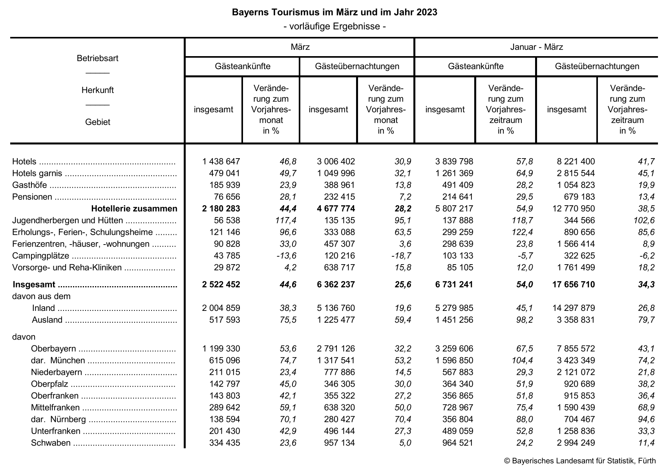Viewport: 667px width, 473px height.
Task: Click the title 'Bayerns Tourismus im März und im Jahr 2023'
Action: click(334, 12)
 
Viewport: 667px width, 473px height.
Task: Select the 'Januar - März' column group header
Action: click(536, 47)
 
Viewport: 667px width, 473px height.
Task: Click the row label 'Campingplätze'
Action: click(41, 256)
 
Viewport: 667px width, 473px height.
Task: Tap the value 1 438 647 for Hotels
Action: click(221, 161)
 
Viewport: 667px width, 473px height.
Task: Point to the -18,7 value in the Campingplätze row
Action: click(401, 256)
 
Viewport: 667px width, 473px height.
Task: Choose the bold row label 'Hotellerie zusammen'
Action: click(134, 208)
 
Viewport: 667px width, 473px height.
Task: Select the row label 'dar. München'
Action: click(58, 360)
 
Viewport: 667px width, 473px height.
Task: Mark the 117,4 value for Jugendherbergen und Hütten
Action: click(285, 220)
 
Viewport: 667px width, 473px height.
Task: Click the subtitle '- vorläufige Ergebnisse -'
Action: click(334, 26)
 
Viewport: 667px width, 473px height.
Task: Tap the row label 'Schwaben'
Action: click(51, 443)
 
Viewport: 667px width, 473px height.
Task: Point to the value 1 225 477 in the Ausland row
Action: click(335, 320)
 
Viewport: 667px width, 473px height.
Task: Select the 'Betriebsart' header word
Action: click(97, 58)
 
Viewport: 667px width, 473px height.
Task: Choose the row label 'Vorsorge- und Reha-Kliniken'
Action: click(67, 268)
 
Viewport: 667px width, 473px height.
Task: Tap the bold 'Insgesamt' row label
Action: click(34, 285)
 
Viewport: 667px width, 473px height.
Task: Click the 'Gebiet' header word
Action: click(97, 122)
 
